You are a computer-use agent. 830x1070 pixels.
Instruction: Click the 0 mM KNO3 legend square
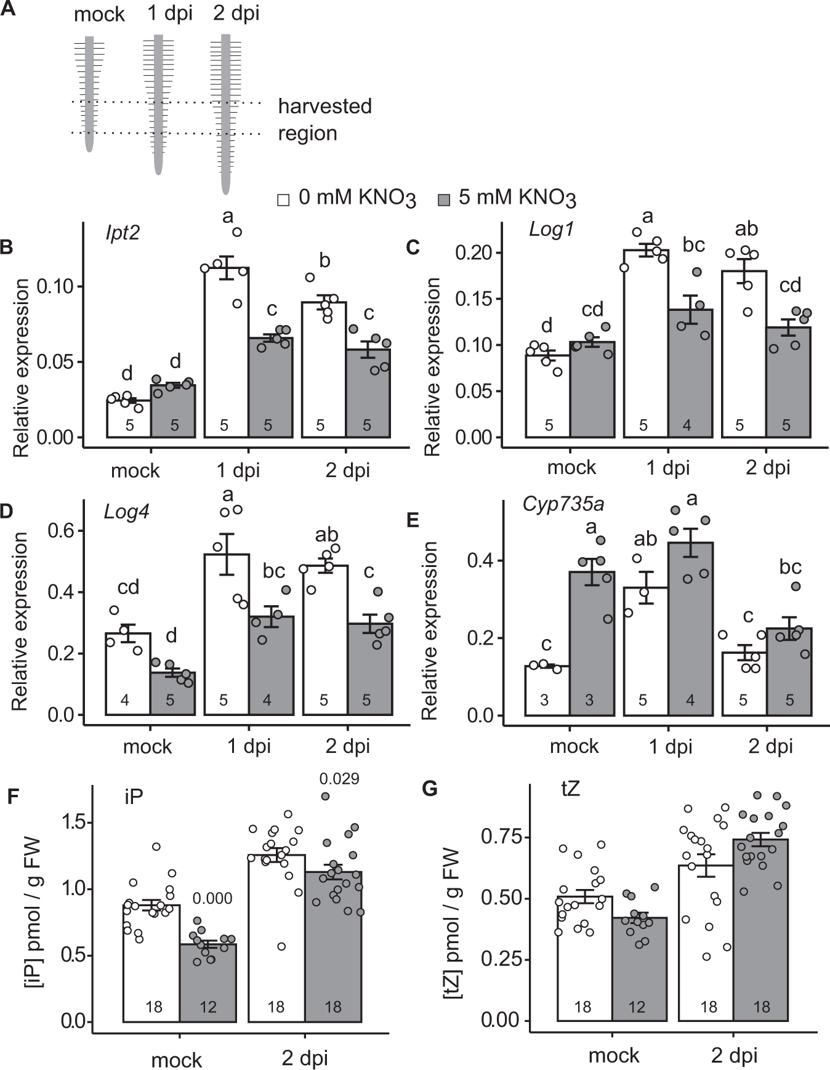coord(283,200)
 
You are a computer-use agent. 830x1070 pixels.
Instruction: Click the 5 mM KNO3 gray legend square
coord(443,200)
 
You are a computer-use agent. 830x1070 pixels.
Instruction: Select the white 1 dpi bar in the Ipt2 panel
coord(226,357)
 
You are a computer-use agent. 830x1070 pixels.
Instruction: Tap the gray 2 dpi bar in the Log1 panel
coord(788,382)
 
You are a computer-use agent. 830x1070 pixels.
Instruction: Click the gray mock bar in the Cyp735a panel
coord(591,646)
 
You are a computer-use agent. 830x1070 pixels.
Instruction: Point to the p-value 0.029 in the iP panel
coord(339,779)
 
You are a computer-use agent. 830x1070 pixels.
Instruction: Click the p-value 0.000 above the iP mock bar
coord(212,899)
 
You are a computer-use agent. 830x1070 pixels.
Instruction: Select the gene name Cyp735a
coord(563,504)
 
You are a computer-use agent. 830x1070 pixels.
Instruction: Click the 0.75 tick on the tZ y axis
coord(501,837)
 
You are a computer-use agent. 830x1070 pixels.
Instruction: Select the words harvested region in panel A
coord(324,119)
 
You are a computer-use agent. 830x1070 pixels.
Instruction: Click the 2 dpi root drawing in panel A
coord(225,111)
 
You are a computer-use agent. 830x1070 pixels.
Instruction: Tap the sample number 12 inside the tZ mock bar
coord(637,1007)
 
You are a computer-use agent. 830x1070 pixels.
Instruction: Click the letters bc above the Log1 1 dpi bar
coord(694,244)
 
